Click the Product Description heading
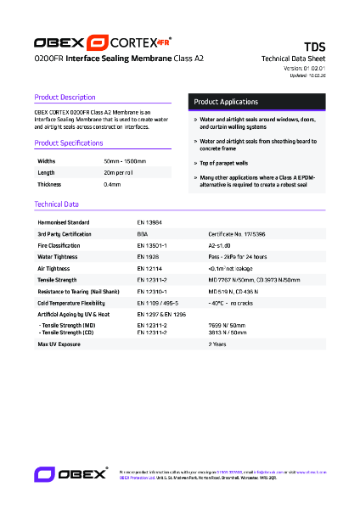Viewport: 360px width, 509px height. [x=65, y=98]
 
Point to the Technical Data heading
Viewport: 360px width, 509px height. [x=56, y=204]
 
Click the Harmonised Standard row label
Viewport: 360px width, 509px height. [x=63, y=221]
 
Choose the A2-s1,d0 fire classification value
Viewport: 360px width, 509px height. [x=220, y=244]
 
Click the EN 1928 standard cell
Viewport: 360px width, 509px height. [x=148, y=255]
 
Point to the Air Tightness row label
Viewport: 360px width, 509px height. [x=53, y=267]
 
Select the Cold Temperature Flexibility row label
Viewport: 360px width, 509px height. [x=71, y=303]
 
